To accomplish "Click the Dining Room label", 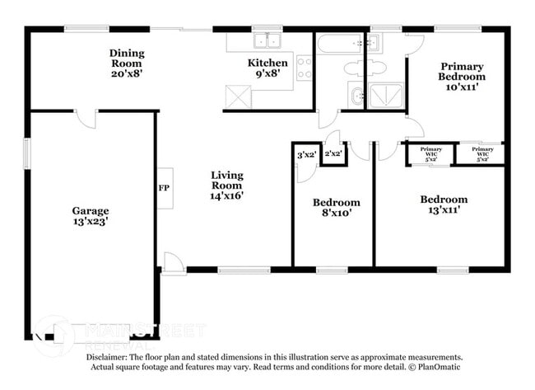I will coord(126,63).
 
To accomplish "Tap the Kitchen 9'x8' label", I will coord(268,68).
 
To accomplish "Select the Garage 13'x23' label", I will coord(90,216).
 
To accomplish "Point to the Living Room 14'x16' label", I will coord(226,186).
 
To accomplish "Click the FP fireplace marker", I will coord(164,188).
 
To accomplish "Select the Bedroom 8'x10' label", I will coord(336,207).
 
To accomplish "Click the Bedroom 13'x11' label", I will coord(444,204).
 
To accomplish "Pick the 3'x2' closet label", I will coord(305,154).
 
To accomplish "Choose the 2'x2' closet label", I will coord(333,153).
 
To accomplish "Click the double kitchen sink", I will coord(267,40).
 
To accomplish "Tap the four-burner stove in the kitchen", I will coord(304,67).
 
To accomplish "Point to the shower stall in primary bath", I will coord(384,96).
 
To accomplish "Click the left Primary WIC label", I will coord(432,153).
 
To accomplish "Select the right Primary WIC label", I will coord(482,153).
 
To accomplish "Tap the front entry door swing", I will coord(173,263).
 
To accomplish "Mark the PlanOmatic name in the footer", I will coord(436,366).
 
